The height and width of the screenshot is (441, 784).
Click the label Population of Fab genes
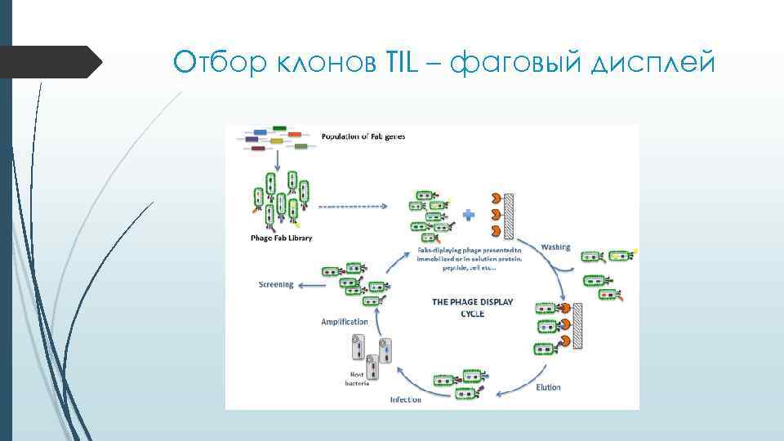pyautogui.click(x=363, y=136)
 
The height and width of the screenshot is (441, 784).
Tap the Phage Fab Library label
pyautogui.click(x=281, y=238)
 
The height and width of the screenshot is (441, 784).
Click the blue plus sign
pyautogui.click(x=469, y=216)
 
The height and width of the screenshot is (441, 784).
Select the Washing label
pyautogui.click(x=555, y=247)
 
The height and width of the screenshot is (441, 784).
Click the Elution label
pyautogui.click(x=549, y=387)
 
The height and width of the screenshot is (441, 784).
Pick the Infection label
pyautogui.click(x=405, y=399)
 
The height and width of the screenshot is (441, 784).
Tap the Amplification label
pyautogui.click(x=345, y=322)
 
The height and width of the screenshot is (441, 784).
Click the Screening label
pyautogui.click(x=275, y=285)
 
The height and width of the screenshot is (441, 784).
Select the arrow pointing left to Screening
pyautogui.click(x=309, y=285)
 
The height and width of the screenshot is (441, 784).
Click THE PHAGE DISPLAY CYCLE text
pyautogui.click(x=472, y=307)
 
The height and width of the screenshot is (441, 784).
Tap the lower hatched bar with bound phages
pyautogui.click(x=577, y=327)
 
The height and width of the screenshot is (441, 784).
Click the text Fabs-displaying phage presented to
pyautogui.click(x=469, y=249)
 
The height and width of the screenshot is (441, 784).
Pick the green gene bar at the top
pyautogui.click(x=279, y=128)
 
